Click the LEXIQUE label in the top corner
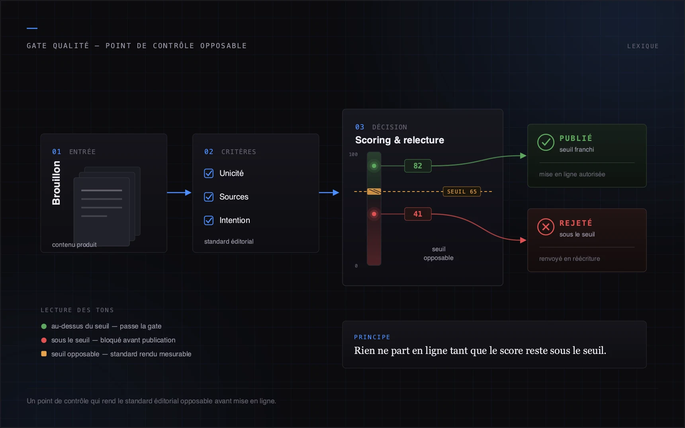tap(643, 46)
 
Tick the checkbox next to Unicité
tap(209, 173)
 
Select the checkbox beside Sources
tap(209, 197)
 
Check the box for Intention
tap(209, 220)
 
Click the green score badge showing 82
tap(418, 166)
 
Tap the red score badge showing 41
tap(418, 214)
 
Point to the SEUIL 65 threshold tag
tap(462, 192)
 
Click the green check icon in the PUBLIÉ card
tap(546, 142)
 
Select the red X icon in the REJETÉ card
tap(546, 227)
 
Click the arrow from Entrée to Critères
tap(179, 193)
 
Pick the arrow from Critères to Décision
tap(329, 193)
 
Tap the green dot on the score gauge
tap(374, 166)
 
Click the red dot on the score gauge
tap(374, 214)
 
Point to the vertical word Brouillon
tap(57, 183)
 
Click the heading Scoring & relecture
tap(399, 140)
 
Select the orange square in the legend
tap(44, 354)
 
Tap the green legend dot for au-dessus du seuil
tap(44, 326)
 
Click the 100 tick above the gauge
tap(353, 154)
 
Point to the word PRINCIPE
tap(372, 337)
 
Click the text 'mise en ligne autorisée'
tap(572, 174)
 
